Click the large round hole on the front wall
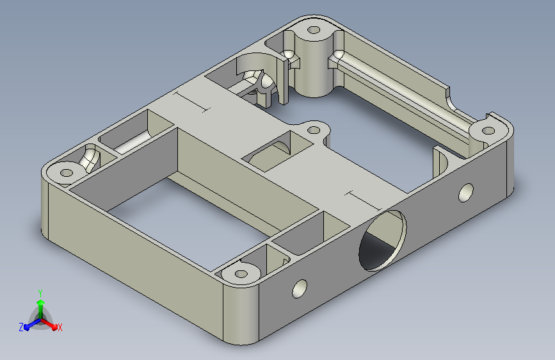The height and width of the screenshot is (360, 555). coord(382,240)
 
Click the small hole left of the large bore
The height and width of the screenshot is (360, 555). coord(300,288)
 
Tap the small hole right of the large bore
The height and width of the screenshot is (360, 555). coord(466,192)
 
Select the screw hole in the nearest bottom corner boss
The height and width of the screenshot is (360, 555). coord(241,274)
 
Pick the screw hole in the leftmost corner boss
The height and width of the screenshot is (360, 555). coord(67,173)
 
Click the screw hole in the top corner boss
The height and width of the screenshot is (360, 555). coord(313,29)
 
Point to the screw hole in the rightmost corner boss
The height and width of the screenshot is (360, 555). coord(488,131)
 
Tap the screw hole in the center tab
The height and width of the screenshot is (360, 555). coord(314,130)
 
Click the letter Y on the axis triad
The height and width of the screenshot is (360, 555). coord(40,293)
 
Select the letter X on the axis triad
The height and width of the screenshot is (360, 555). coord(60,327)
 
